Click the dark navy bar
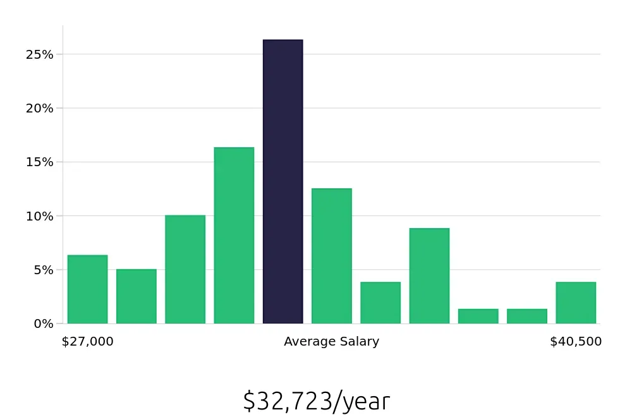click(283, 182)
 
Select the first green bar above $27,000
click(87, 289)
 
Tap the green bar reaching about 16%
click(234, 236)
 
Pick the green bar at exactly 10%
click(185, 270)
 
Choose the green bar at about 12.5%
click(331, 256)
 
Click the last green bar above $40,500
click(576, 303)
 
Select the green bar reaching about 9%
click(429, 276)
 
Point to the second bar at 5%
click(137, 296)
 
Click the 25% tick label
click(39, 54)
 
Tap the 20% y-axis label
click(39, 108)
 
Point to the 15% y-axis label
click(39, 162)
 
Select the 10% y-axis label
click(39, 216)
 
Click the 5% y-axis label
click(42, 270)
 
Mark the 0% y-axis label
click(42, 323)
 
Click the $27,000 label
click(87, 342)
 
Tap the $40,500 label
click(576, 342)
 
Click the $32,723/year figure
click(316, 401)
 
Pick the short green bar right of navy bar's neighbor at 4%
click(380, 303)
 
